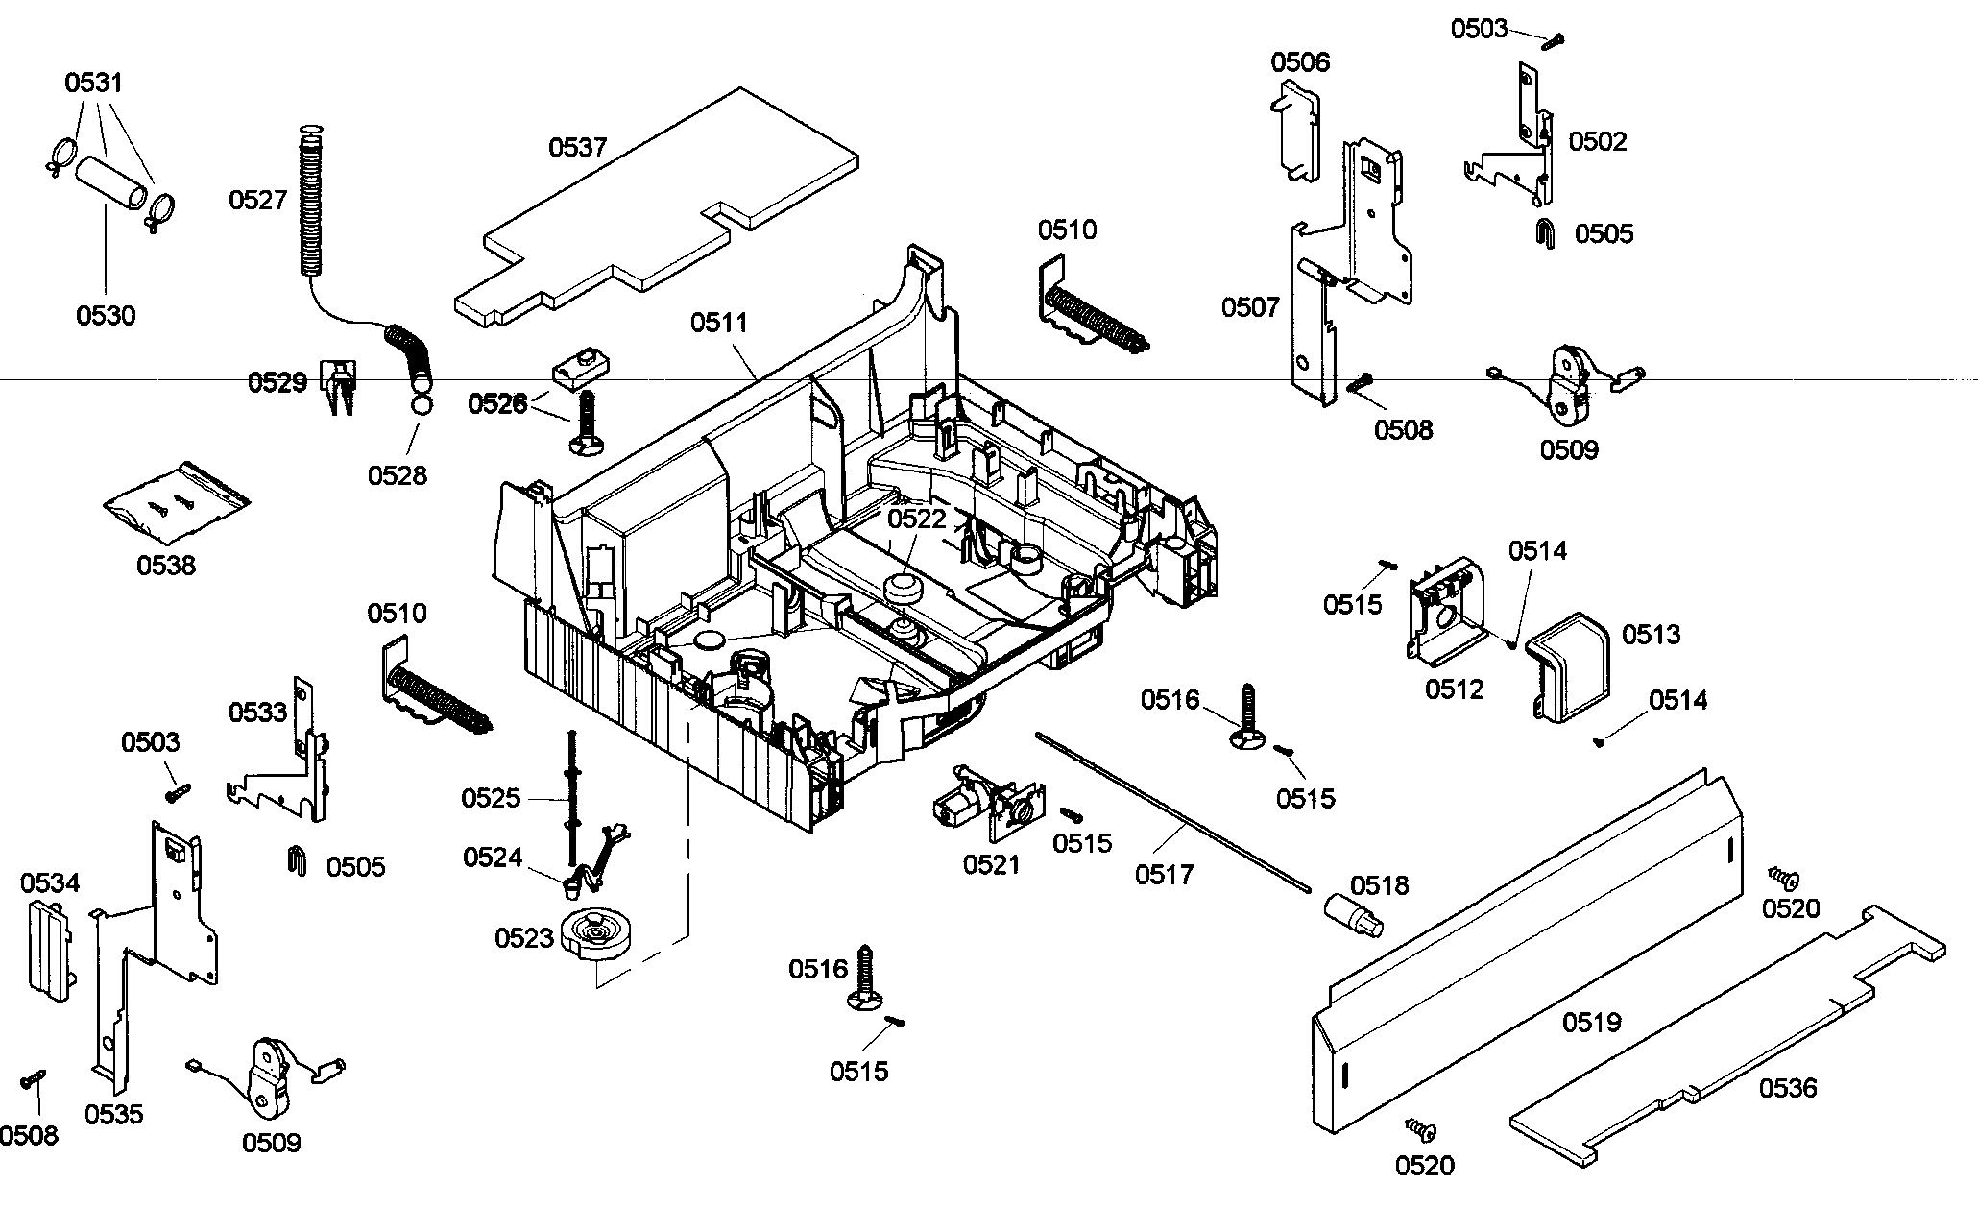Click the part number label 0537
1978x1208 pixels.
point(577,148)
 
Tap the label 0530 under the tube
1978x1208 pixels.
point(106,315)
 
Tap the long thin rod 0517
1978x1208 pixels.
point(1171,811)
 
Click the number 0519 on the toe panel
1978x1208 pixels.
point(1591,1023)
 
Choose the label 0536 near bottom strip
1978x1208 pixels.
point(1788,1088)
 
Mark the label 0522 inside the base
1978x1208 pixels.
point(916,519)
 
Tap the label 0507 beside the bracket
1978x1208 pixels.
point(1250,307)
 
